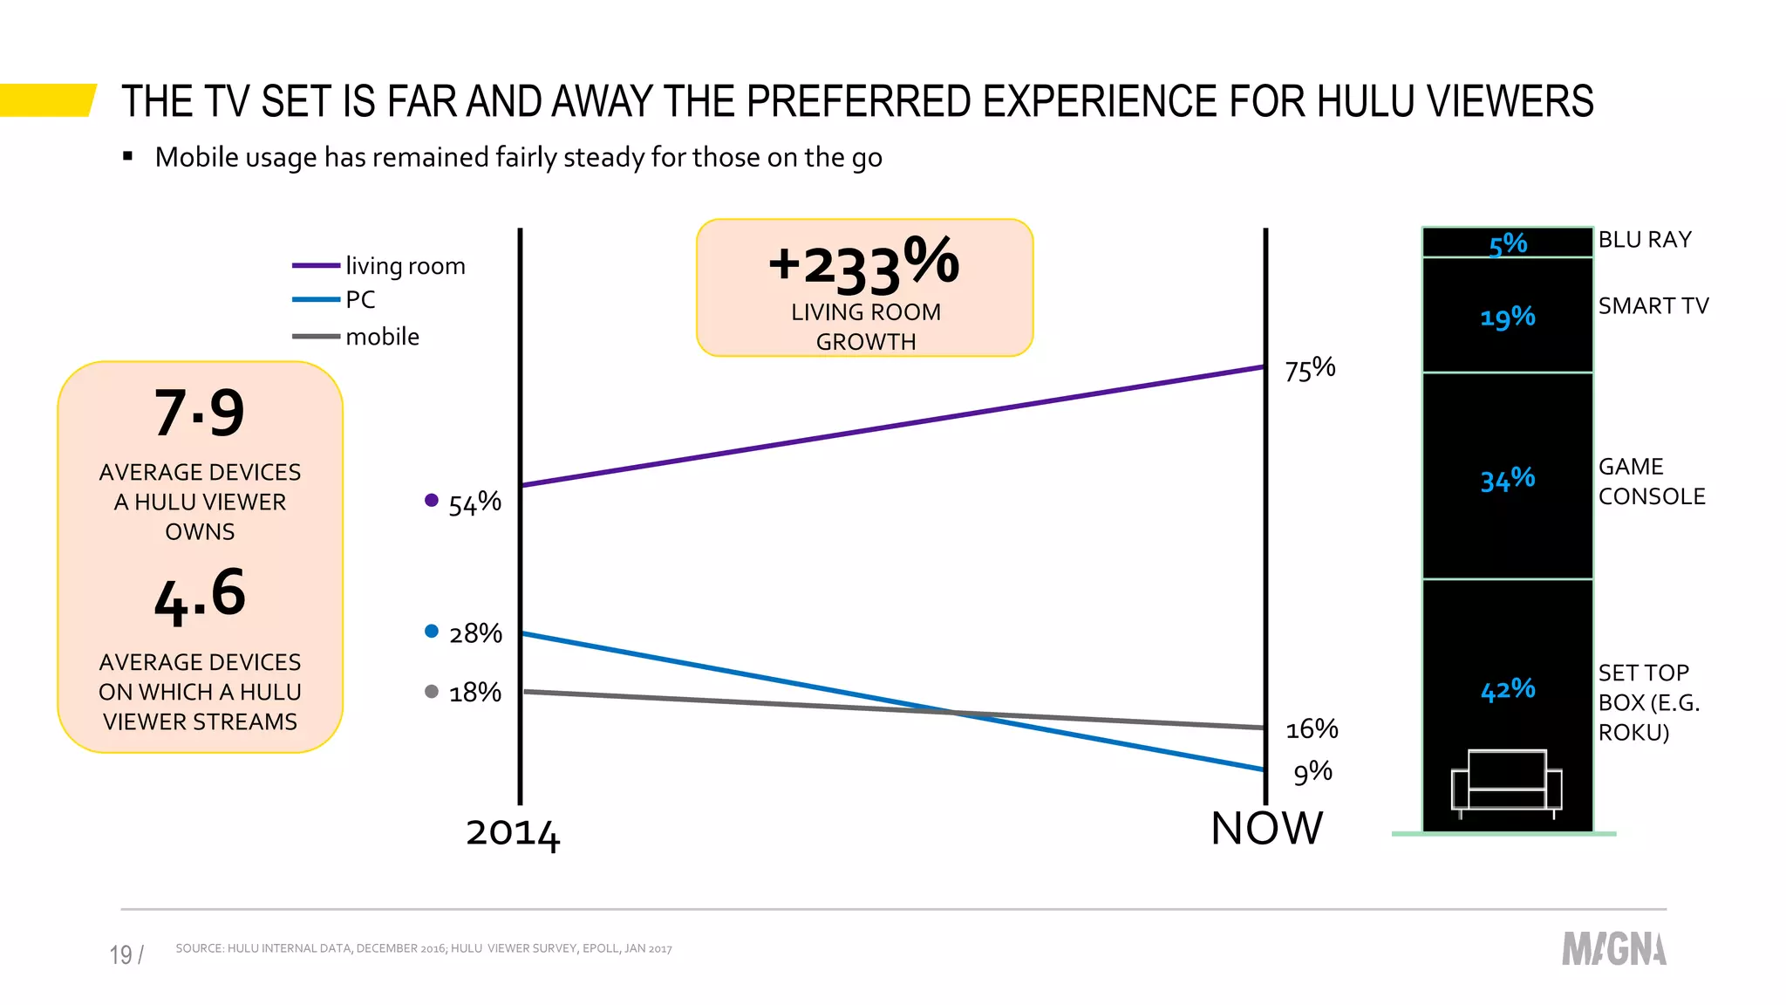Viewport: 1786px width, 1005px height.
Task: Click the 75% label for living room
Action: click(x=1310, y=369)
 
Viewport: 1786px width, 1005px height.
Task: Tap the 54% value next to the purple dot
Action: click(x=474, y=503)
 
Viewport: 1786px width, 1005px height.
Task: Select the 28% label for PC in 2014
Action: click(x=475, y=633)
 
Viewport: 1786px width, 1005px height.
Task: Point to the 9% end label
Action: click(x=1312, y=772)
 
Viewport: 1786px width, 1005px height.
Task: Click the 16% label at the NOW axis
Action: click(x=1312, y=728)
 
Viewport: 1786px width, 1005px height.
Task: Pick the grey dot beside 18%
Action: click(x=431, y=692)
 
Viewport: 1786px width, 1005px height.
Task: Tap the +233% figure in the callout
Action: click(x=863, y=264)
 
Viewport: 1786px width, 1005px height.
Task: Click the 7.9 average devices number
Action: click(x=200, y=413)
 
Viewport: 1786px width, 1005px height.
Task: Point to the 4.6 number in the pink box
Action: click(x=200, y=595)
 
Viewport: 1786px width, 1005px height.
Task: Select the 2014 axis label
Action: click(x=513, y=833)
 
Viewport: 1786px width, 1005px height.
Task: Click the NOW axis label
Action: click(x=1266, y=829)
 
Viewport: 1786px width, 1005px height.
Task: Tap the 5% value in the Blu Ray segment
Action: click(x=1508, y=244)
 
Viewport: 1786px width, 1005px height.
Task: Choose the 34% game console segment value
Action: click(x=1508, y=479)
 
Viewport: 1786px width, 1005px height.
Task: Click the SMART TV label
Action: click(x=1653, y=306)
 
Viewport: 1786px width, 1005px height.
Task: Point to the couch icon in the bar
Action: click(x=1506, y=782)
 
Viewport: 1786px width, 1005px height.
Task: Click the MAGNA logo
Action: click(x=1613, y=949)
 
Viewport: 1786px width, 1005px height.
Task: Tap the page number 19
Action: click(x=121, y=954)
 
